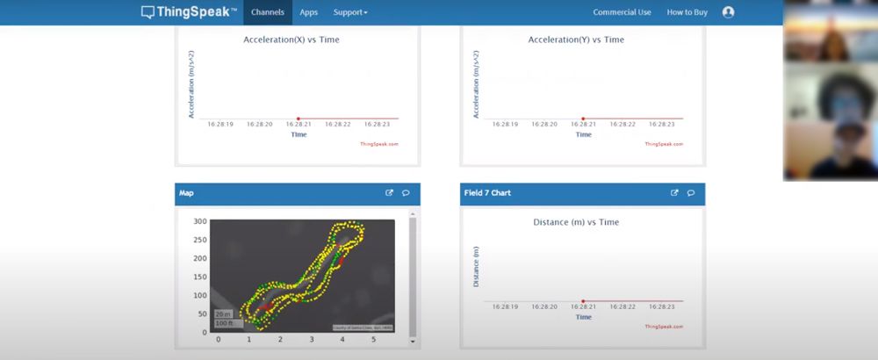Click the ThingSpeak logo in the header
tap(189, 12)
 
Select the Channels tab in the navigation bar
tap(267, 12)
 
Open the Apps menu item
tap(308, 12)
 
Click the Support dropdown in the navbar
tap(350, 12)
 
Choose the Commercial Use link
tap(622, 12)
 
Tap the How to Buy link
tap(687, 12)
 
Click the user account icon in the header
tap(728, 12)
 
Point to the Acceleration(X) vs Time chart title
tap(291, 40)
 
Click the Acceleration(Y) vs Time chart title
tap(576, 40)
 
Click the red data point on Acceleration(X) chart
tap(299, 118)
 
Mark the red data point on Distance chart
tap(583, 301)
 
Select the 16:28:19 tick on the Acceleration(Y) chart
tap(505, 125)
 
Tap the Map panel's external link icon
tap(390, 193)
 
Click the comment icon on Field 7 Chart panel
tap(691, 193)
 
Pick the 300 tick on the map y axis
tap(200, 221)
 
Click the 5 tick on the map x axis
tap(373, 339)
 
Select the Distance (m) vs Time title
tap(576, 222)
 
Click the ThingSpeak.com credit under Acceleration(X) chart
tap(379, 144)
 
